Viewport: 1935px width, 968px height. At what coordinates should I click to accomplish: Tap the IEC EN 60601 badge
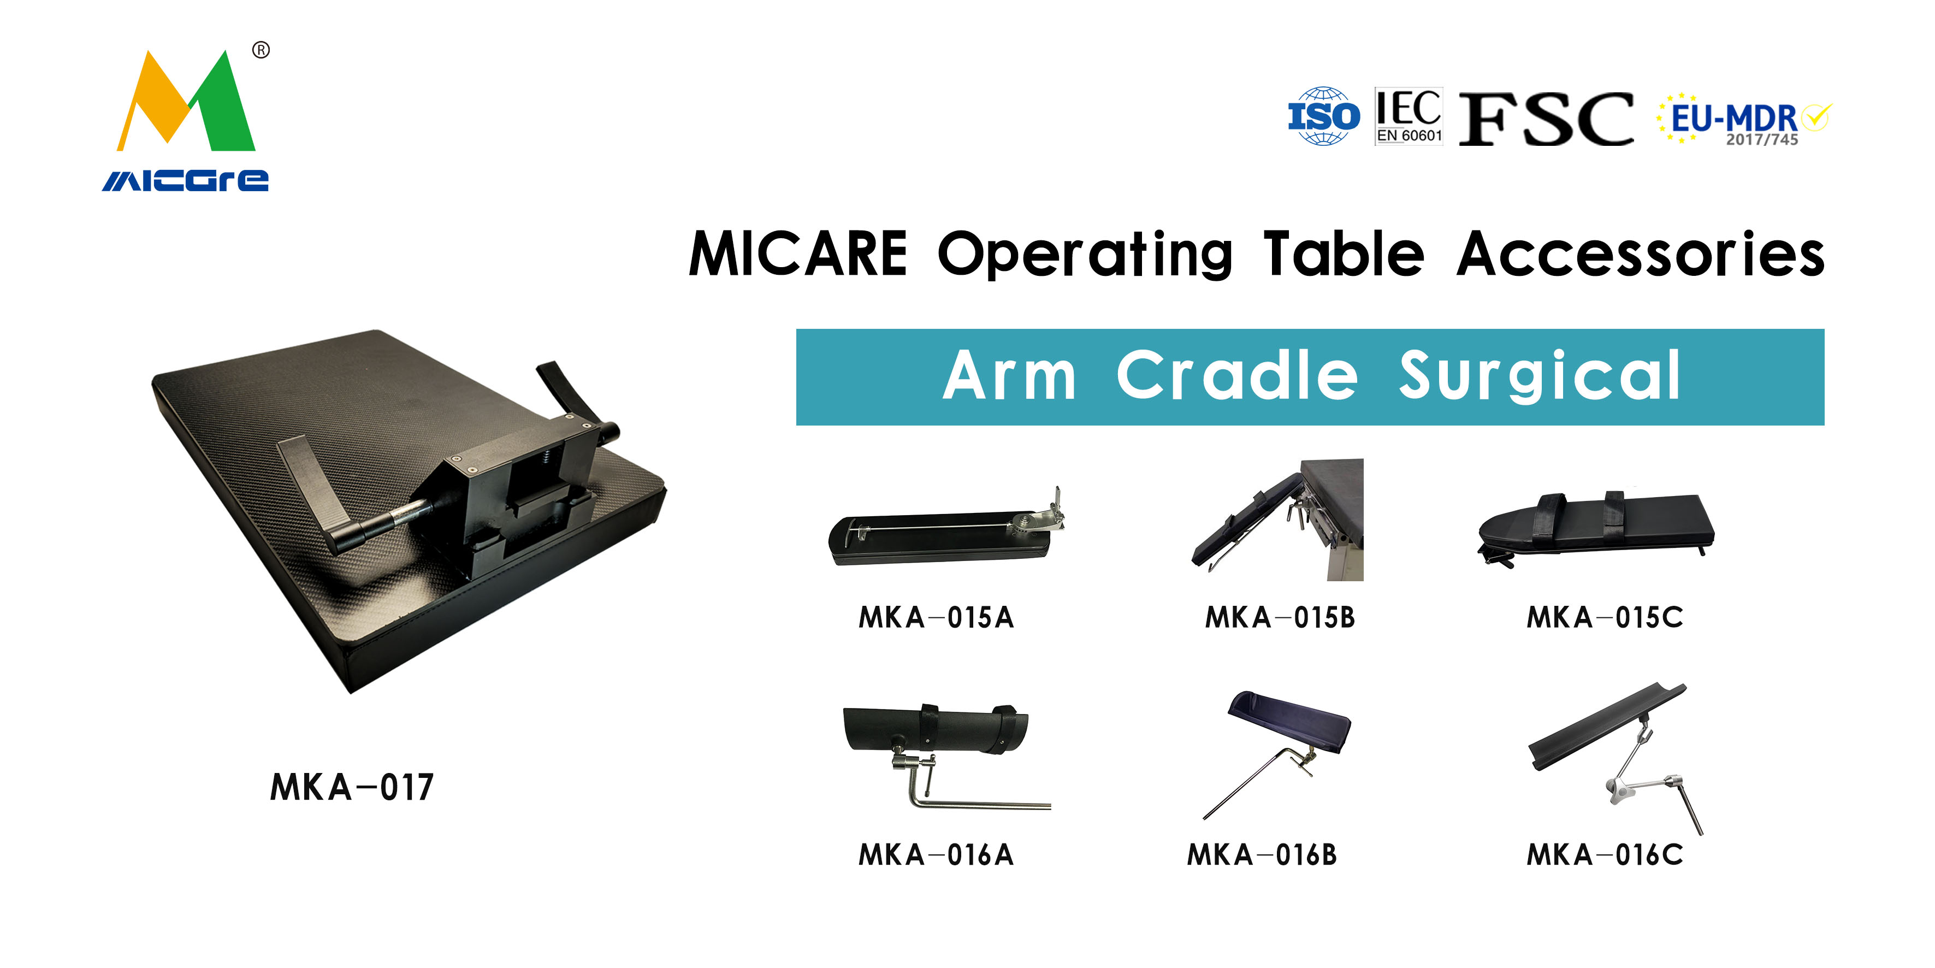[x=1409, y=116]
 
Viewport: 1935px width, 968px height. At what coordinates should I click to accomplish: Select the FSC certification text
[x=1546, y=119]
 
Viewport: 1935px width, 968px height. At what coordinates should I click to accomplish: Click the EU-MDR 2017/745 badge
[x=1744, y=119]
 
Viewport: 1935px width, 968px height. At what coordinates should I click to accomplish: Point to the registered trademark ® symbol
[x=261, y=50]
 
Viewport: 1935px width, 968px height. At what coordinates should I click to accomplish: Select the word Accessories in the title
[x=1641, y=254]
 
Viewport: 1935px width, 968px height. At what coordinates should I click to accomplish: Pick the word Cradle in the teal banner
[x=1237, y=375]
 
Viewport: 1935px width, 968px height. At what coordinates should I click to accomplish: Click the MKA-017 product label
[x=352, y=788]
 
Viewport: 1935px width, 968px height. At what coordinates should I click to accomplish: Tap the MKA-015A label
[x=936, y=618]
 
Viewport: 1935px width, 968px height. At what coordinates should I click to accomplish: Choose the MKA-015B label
[x=1280, y=618]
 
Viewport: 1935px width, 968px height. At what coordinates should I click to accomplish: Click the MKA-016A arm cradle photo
[x=945, y=756]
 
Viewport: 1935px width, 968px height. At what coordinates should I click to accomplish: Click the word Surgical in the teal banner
[x=1538, y=376]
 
